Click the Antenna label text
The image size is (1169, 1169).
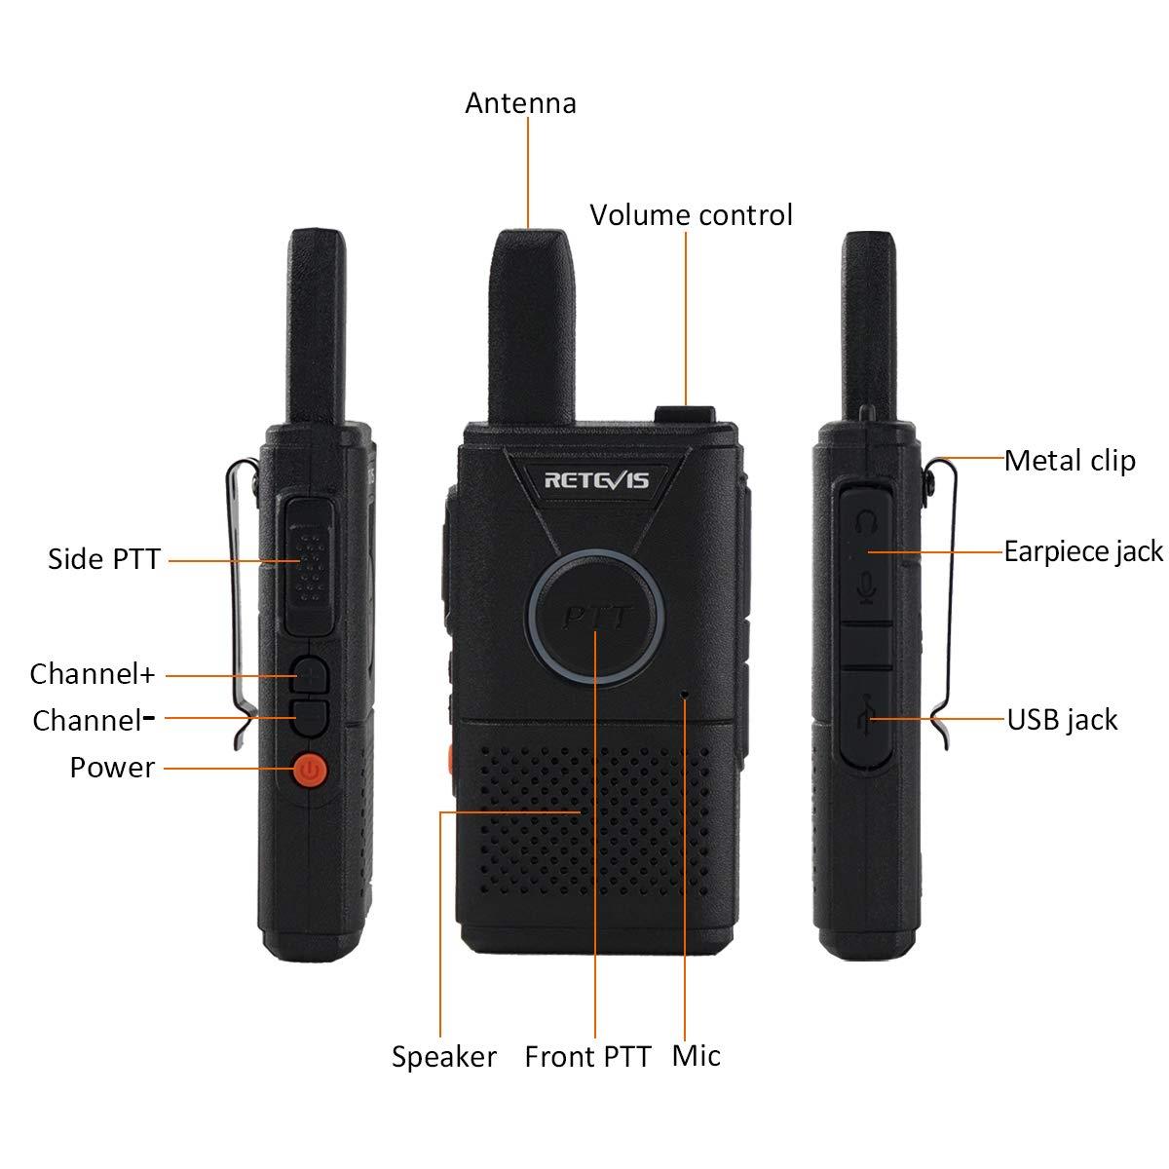[520, 103]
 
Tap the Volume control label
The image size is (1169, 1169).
[691, 215]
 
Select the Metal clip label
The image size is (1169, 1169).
[1070, 460]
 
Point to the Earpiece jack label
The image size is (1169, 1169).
[1083, 551]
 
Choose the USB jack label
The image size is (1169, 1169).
[1062, 720]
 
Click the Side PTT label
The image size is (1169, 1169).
[103, 559]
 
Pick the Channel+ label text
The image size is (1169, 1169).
[93, 673]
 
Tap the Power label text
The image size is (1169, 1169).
[112, 768]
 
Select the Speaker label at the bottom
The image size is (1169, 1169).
[444, 1057]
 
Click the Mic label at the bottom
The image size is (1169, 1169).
[696, 1056]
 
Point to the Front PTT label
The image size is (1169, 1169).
[587, 1057]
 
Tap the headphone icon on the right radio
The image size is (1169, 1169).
[864, 524]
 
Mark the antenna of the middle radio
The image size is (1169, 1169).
[531, 312]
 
